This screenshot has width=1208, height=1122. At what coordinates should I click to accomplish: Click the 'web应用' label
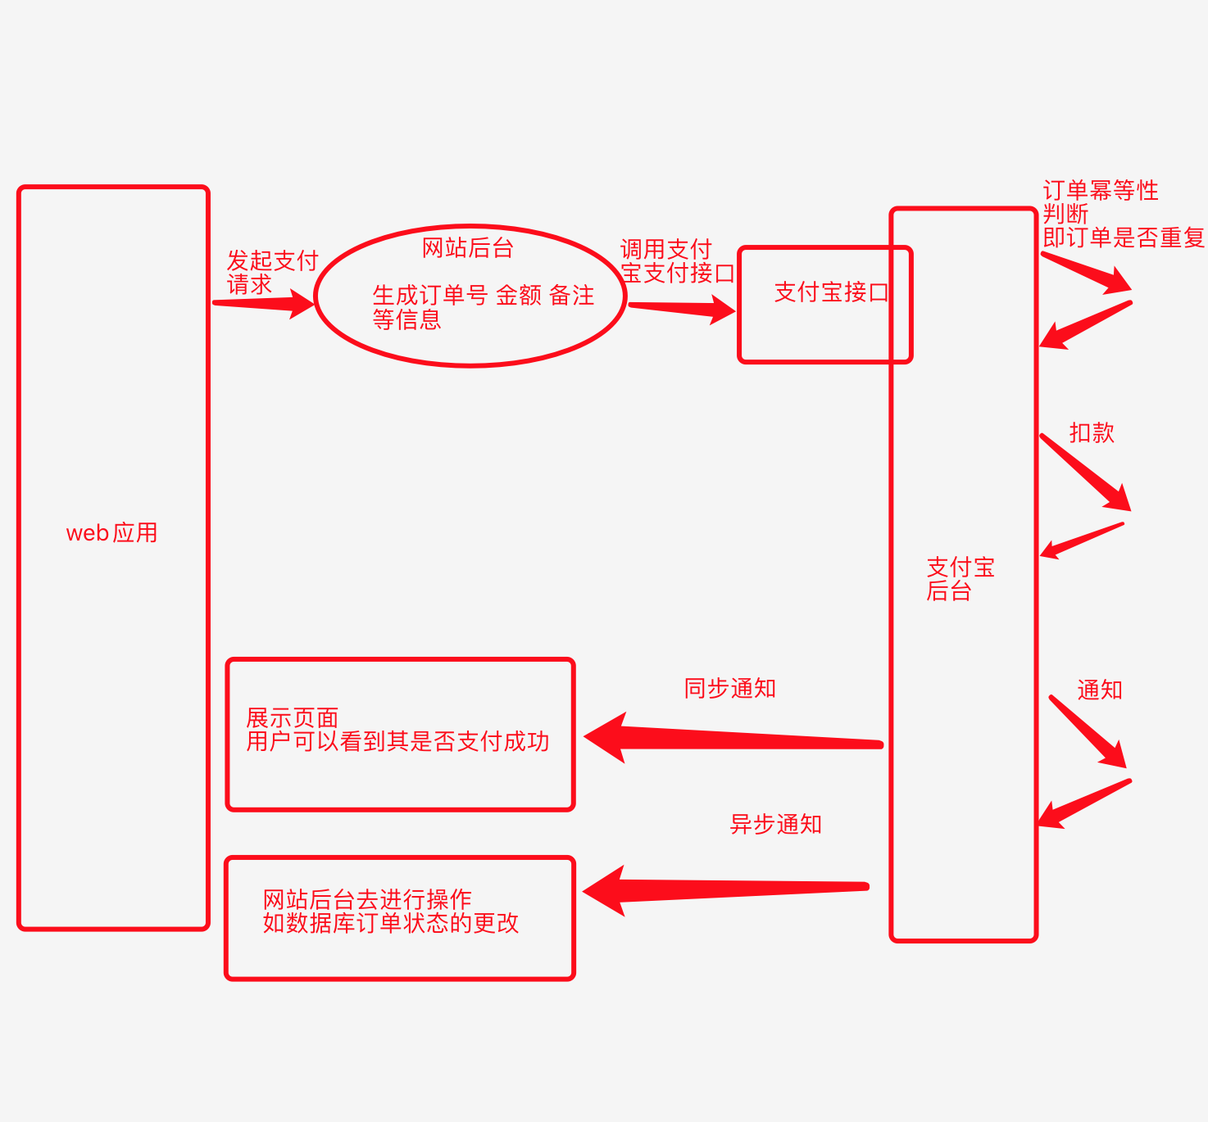(x=111, y=533)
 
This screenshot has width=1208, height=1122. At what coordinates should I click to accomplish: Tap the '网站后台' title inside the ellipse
(x=467, y=248)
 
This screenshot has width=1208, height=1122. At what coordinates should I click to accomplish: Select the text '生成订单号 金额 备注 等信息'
(x=483, y=306)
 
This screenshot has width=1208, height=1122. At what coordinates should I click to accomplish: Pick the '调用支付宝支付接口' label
(x=676, y=261)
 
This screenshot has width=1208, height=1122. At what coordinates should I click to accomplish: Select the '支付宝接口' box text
(x=830, y=292)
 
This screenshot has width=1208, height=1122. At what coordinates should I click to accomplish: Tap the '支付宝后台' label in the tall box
(x=960, y=579)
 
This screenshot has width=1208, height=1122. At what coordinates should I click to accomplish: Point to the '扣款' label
(x=1092, y=433)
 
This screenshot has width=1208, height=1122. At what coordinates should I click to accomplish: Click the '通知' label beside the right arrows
(x=1099, y=690)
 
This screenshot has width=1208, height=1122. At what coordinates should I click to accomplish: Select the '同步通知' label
(x=729, y=689)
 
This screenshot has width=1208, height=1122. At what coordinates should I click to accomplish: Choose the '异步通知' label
(x=775, y=825)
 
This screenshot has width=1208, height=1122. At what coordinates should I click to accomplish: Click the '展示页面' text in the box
(x=293, y=718)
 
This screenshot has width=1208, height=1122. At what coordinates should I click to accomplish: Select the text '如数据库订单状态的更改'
(x=390, y=924)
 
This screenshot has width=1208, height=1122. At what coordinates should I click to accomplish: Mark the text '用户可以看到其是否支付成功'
(x=397, y=742)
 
